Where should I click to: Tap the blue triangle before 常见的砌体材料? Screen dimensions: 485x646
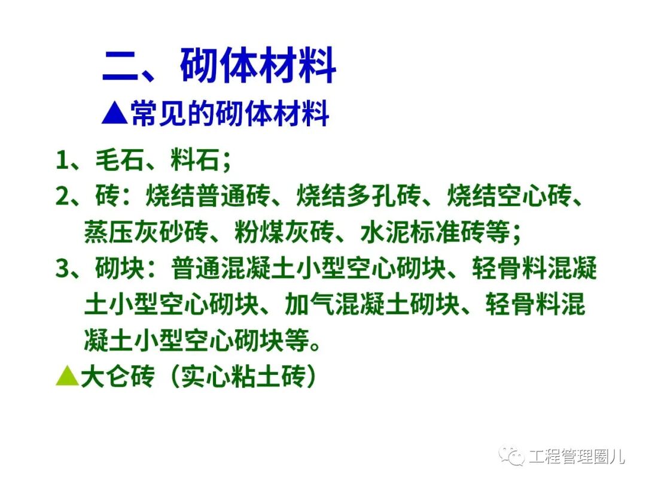(x=114, y=113)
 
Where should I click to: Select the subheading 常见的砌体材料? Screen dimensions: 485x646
(x=230, y=113)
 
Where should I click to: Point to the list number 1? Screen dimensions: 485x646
(x=62, y=160)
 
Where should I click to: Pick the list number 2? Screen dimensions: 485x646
(x=62, y=196)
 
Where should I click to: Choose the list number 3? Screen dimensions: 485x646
(x=62, y=269)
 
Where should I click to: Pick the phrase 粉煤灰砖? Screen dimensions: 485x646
(x=270, y=233)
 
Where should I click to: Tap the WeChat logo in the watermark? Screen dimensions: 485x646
(x=512, y=456)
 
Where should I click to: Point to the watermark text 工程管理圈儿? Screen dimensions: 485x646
(x=577, y=457)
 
